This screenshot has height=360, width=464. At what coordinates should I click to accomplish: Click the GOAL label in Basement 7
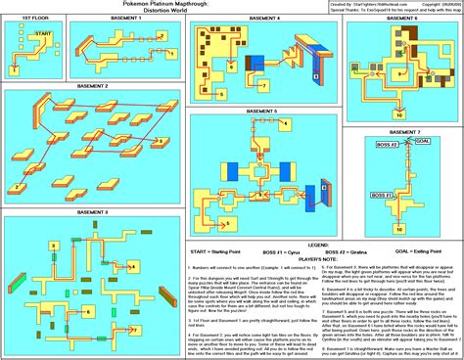point(424,140)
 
